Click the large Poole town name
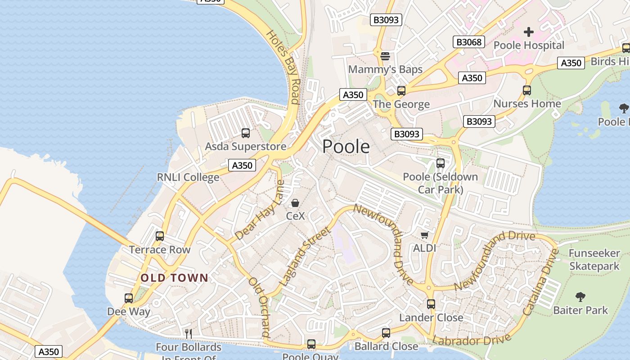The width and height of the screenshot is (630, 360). point(346,147)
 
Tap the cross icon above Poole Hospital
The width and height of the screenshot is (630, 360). point(529,32)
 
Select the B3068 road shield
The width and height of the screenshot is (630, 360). point(469,42)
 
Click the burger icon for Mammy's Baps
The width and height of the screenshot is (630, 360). point(385,56)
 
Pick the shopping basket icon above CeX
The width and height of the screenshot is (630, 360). point(295,203)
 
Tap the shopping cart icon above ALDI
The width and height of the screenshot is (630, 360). point(424,235)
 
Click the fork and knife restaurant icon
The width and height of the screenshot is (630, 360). point(189,333)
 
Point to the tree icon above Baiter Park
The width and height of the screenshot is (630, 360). point(580,297)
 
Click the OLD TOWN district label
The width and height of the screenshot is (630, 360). point(175,278)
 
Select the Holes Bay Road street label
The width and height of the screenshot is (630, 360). point(283,67)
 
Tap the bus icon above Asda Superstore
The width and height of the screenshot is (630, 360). point(245,133)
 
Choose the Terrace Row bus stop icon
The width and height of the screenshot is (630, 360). point(159,236)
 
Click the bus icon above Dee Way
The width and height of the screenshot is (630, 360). point(129,298)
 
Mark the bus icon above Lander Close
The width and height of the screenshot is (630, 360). point(431,304)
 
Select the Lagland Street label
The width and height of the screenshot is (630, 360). point(304,257)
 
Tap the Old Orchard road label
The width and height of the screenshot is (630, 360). point(260,307)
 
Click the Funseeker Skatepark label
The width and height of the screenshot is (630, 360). point(594,260)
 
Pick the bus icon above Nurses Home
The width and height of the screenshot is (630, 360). point(527,90)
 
